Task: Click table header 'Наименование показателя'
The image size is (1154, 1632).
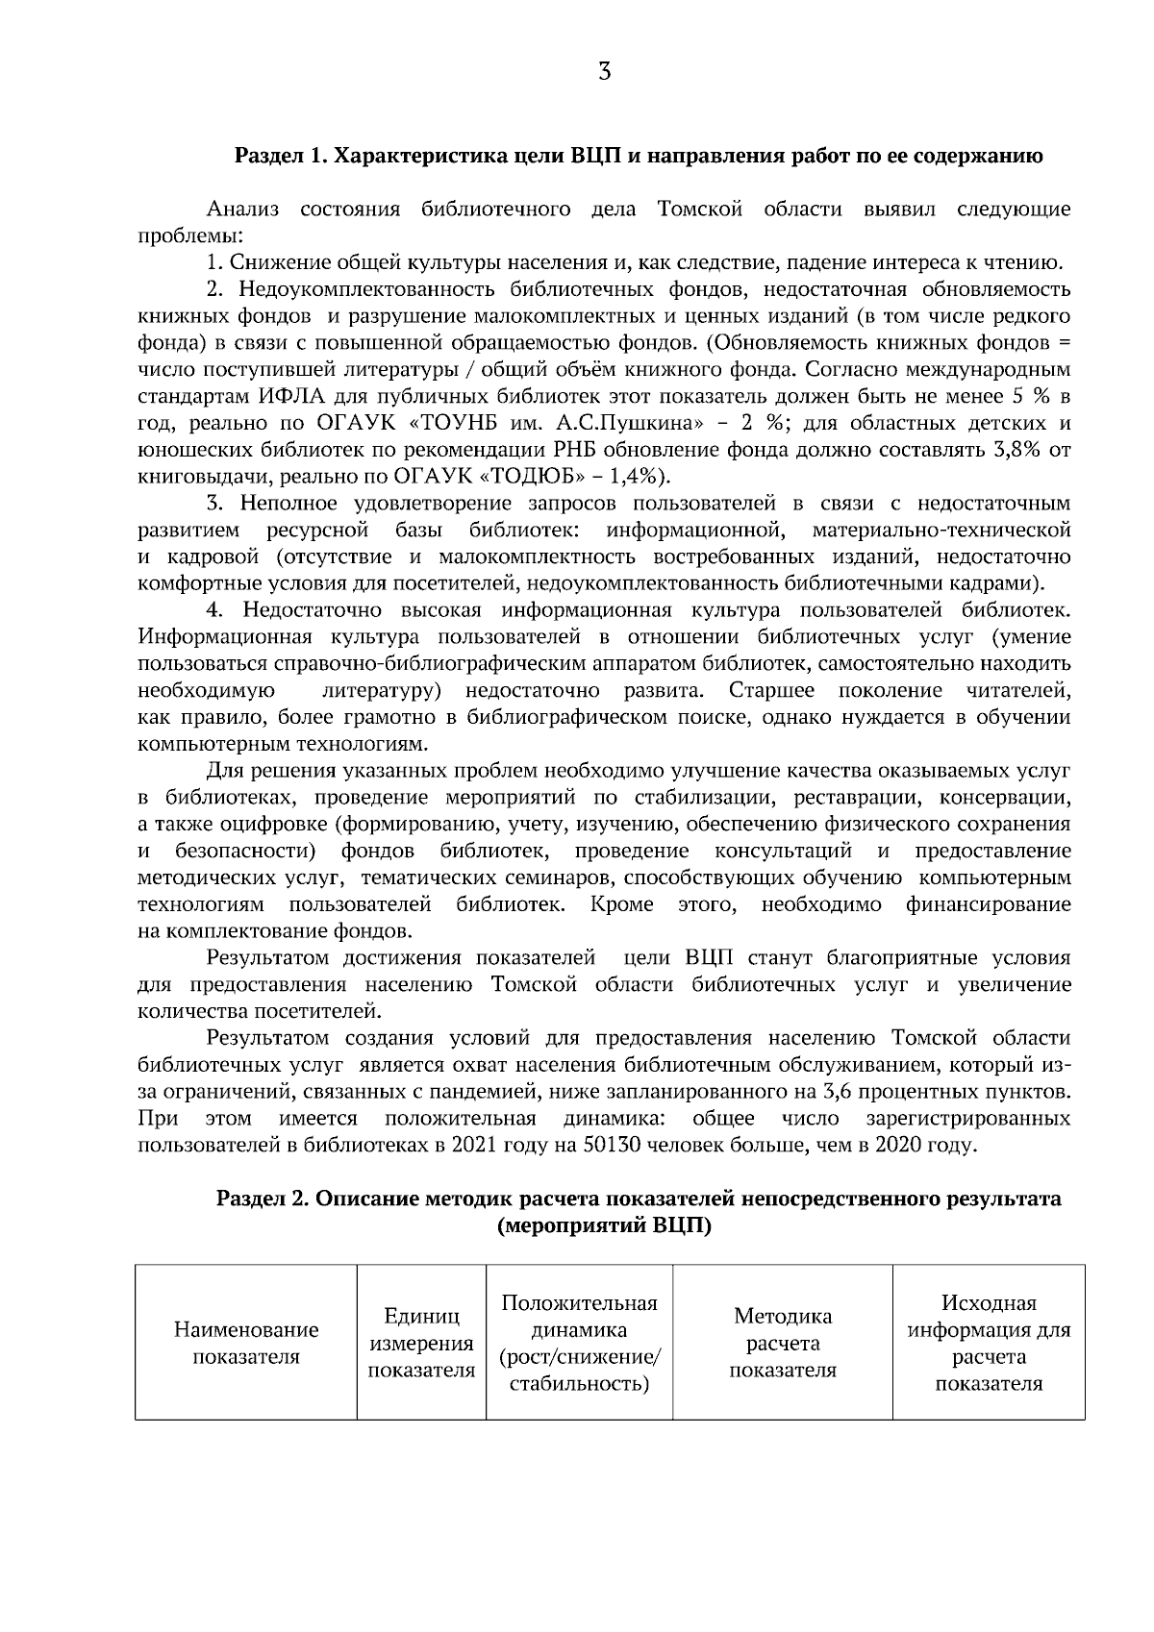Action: tap(246, 1344)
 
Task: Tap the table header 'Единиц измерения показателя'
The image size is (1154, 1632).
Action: tap(421, 1344)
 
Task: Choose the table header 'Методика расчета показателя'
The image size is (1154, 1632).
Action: tap(782, 1344)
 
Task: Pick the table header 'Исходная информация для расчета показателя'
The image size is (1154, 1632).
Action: tap(989, 1344)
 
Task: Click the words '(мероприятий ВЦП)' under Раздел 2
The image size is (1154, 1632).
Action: tap(604, 1226)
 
